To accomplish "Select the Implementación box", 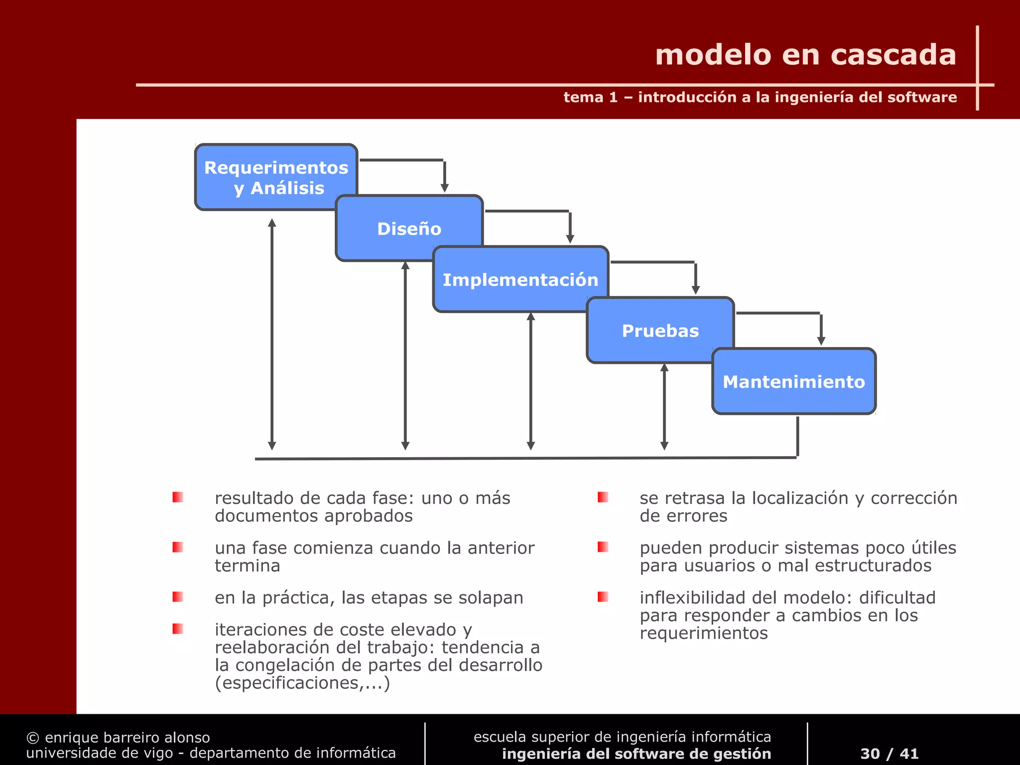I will (x=520, y=279).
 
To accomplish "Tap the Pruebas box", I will (x=660, y=330).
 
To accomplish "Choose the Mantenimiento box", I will (x=793, y=382).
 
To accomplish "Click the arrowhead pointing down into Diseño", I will (x=445, y=188).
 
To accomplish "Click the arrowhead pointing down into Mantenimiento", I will (x=821, y=341).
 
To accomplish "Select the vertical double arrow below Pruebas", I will (x=664, y=406).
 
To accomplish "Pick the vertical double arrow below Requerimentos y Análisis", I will (x=272, y=334).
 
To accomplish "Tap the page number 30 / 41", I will (x=889, y=754).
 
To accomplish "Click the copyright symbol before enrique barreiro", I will (x=32, y=738).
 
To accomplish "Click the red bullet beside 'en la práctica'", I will (x=178, y=597).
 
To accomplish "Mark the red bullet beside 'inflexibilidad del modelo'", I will (x=603, y=597).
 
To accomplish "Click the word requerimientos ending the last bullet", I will (x=703, y=634).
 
